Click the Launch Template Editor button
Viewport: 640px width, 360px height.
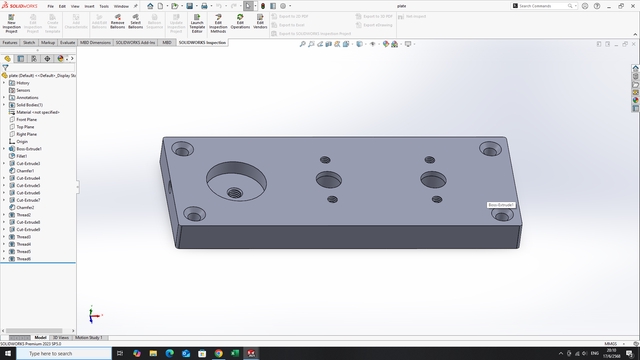click(196, 25)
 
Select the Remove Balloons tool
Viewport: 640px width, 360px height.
click(117, 25)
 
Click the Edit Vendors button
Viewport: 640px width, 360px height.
click(260, 25)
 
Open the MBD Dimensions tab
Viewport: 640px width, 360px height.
click(95, 43)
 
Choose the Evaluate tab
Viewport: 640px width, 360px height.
click(68, 43)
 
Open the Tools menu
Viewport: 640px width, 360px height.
click(105, 6)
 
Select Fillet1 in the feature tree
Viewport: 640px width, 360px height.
click(22, 156)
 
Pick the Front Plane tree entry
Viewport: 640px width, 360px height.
click(27, 119)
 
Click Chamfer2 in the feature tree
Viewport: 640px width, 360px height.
click(25, 208)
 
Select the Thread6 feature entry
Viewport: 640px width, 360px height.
click(24, 259)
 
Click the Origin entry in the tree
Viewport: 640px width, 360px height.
click(22, 141)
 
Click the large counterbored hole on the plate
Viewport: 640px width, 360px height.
click(235, 182)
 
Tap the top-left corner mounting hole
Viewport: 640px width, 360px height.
click(183, 149)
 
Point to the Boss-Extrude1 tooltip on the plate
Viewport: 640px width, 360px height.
click(501, 204)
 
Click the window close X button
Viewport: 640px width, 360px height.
click(631, 6)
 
